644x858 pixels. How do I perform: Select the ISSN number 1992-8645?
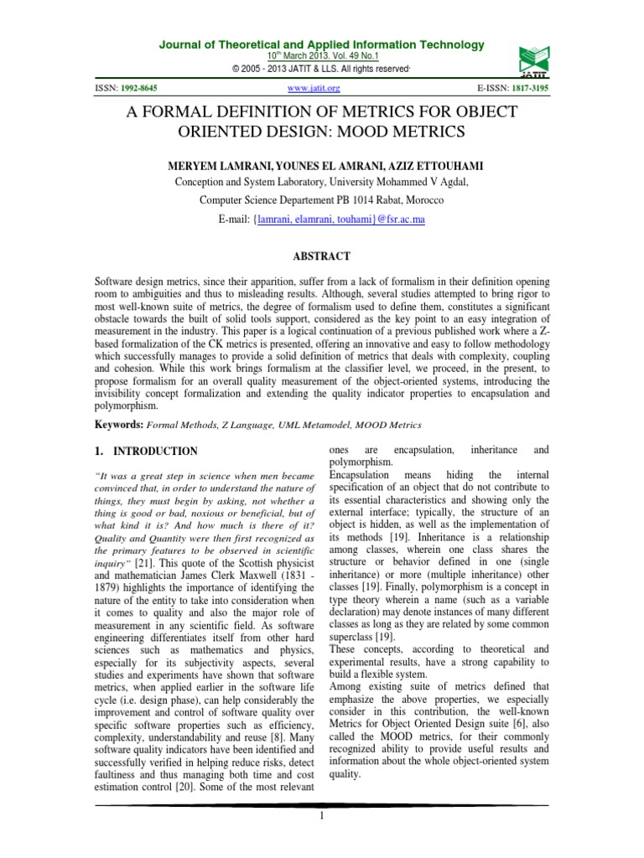139,87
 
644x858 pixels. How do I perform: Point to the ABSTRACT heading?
322,256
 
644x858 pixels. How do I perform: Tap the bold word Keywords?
115,425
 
